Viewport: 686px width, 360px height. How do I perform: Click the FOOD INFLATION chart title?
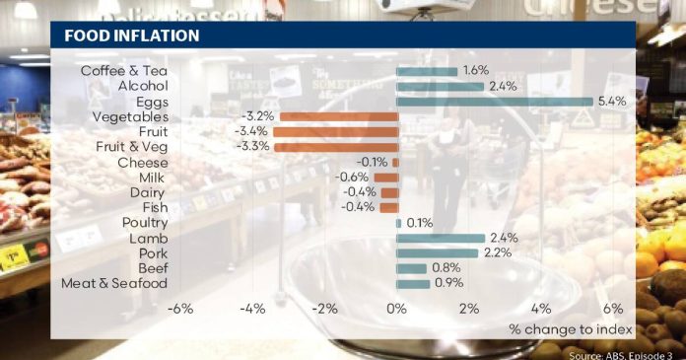[x=132, y=36]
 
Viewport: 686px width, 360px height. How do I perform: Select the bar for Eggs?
[x=495, y=102]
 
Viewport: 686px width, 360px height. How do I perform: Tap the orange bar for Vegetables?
[x=339, y=116]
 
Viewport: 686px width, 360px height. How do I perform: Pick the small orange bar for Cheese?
[x=395, y=163]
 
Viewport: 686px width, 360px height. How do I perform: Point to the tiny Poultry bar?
[x=398, y=223]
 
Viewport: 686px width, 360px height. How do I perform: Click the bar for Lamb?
[x=441, y=239]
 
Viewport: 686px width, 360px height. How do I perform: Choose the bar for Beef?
[x=411, y=268]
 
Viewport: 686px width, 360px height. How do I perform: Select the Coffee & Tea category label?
[x=124, y=71]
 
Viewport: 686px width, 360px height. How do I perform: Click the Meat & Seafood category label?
[x=114, y=283]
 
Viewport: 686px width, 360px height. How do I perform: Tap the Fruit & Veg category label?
[x=132, y=147]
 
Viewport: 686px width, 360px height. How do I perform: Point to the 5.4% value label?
[x=612, y=102]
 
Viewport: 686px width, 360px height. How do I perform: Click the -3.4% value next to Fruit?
[x=250, y=131]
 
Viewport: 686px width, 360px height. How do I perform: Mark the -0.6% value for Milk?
[x=352, y=177]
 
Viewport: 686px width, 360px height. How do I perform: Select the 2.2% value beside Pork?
[x=498, y=252]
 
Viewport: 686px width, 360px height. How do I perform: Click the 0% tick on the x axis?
[x=396, y=309]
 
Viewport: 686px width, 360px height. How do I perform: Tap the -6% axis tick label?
[x=180, y=309]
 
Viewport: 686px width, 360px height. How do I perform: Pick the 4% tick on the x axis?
[x=541, y=309]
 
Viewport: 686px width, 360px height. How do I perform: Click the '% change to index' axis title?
[x=571, y=329]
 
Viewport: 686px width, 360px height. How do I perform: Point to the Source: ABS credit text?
[x=620, y=355]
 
